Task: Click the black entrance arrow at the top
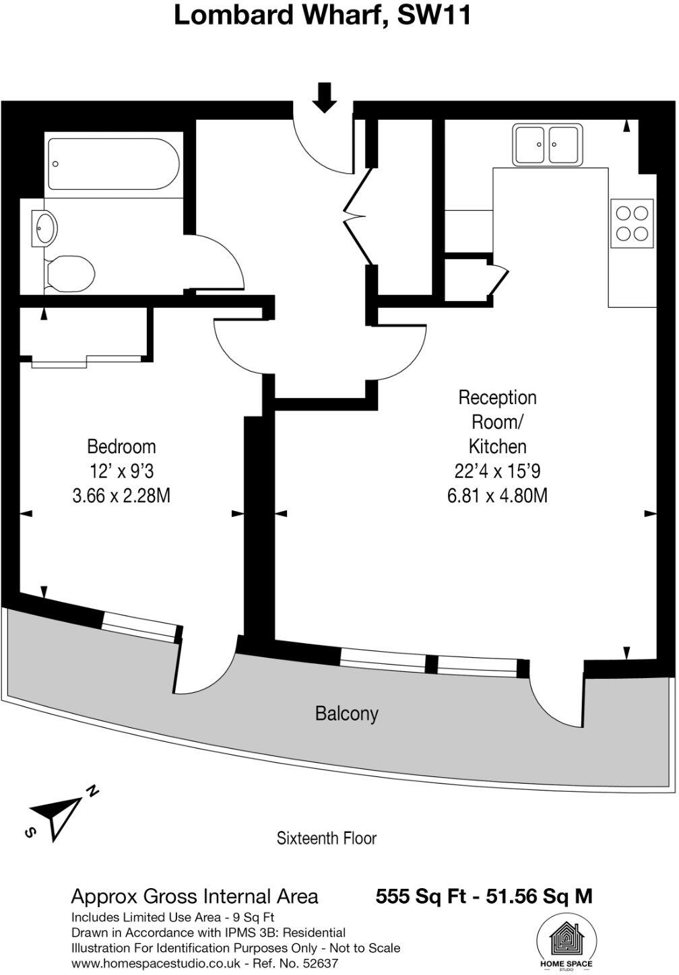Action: click(x=325, y=97)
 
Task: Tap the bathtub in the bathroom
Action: click(x=113, y=164)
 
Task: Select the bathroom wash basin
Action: click(x=44, y=228)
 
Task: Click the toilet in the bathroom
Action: click(x=69, y=273)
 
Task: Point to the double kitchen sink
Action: click(x=546, y=145)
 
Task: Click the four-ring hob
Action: click(x=632, y=223)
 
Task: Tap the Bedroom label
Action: click(x=121, y=446)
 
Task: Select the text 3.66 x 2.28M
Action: click(x=121, y=496)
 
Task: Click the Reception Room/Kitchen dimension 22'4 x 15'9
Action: click(x=497, y=471)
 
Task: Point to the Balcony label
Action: click(x=346, y=714)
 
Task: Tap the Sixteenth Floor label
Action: click(x=327, y=838)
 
